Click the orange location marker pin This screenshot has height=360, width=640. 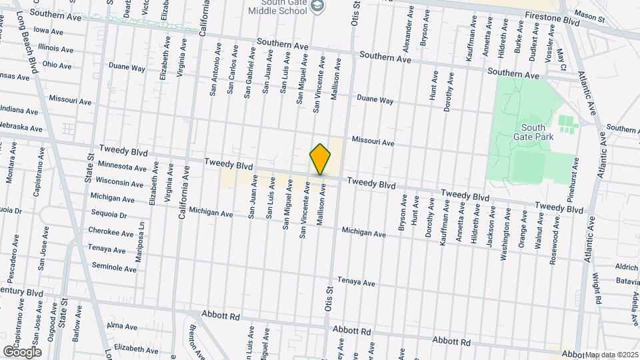[x=321, y=159]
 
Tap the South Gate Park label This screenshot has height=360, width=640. [x=533, y=132]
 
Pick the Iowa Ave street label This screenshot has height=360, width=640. [x=48, y=31]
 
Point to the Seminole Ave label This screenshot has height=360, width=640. [x=114, y=267]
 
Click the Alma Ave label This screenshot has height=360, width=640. [x=121, y=326]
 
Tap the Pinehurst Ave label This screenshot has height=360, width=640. [x=575, y=181]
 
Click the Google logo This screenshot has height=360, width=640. [x=21, y=351]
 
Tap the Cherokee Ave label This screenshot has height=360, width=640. [x=111, y=233]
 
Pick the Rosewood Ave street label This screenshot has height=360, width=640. [x=553, y=243]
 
